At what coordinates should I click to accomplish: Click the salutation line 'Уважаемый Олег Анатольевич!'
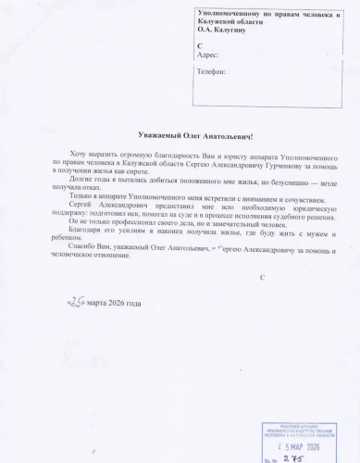pyautogui.click(x=180, y=135)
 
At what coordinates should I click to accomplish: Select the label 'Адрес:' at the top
pyautogui.click(x=209, y=55)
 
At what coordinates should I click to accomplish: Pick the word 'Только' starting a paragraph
pyautogui.click(x=73, y=197)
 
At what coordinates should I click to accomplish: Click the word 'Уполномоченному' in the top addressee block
pyautogui.click(x=230, y=10)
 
